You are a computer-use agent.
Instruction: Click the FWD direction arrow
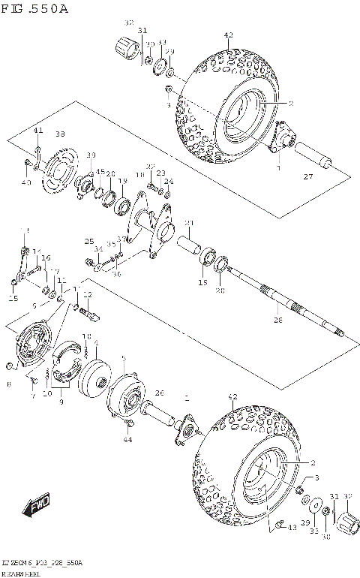[35, 508]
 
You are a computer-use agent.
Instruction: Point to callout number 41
[37, 131]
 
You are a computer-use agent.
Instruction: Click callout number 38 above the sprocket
[59, 134]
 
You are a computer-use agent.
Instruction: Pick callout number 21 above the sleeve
[190, 223]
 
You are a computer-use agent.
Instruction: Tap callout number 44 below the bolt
[127, 439]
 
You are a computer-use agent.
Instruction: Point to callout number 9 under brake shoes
[61, 401]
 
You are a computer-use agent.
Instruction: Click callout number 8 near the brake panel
[7, 384]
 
